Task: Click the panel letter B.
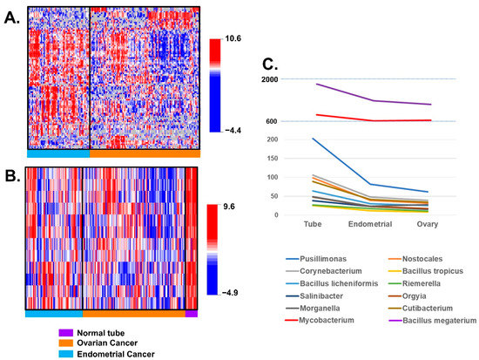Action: pyautogui.click(x=10, y=173)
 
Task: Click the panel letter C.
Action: pyautogui.click(x=270, y=64)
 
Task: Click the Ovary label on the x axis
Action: pyautogui.click(x=427, y=225)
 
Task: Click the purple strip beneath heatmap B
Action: pyautogui.click(x=192, y=313)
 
